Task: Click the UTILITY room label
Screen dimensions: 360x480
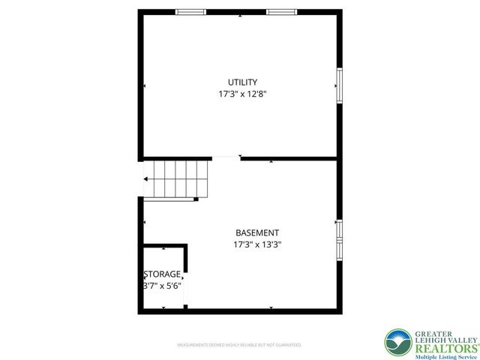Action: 243,82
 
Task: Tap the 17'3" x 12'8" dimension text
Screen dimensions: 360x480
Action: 243,94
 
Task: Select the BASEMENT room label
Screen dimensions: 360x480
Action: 257,232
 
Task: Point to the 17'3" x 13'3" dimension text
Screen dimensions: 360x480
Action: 257,244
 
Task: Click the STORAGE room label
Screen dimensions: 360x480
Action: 162,274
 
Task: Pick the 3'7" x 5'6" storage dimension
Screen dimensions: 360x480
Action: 162,286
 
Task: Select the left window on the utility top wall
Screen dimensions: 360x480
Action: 190,11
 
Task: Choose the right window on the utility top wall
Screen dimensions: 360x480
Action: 281,11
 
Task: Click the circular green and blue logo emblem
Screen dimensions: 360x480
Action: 397,343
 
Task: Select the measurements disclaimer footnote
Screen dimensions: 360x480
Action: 239,345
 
